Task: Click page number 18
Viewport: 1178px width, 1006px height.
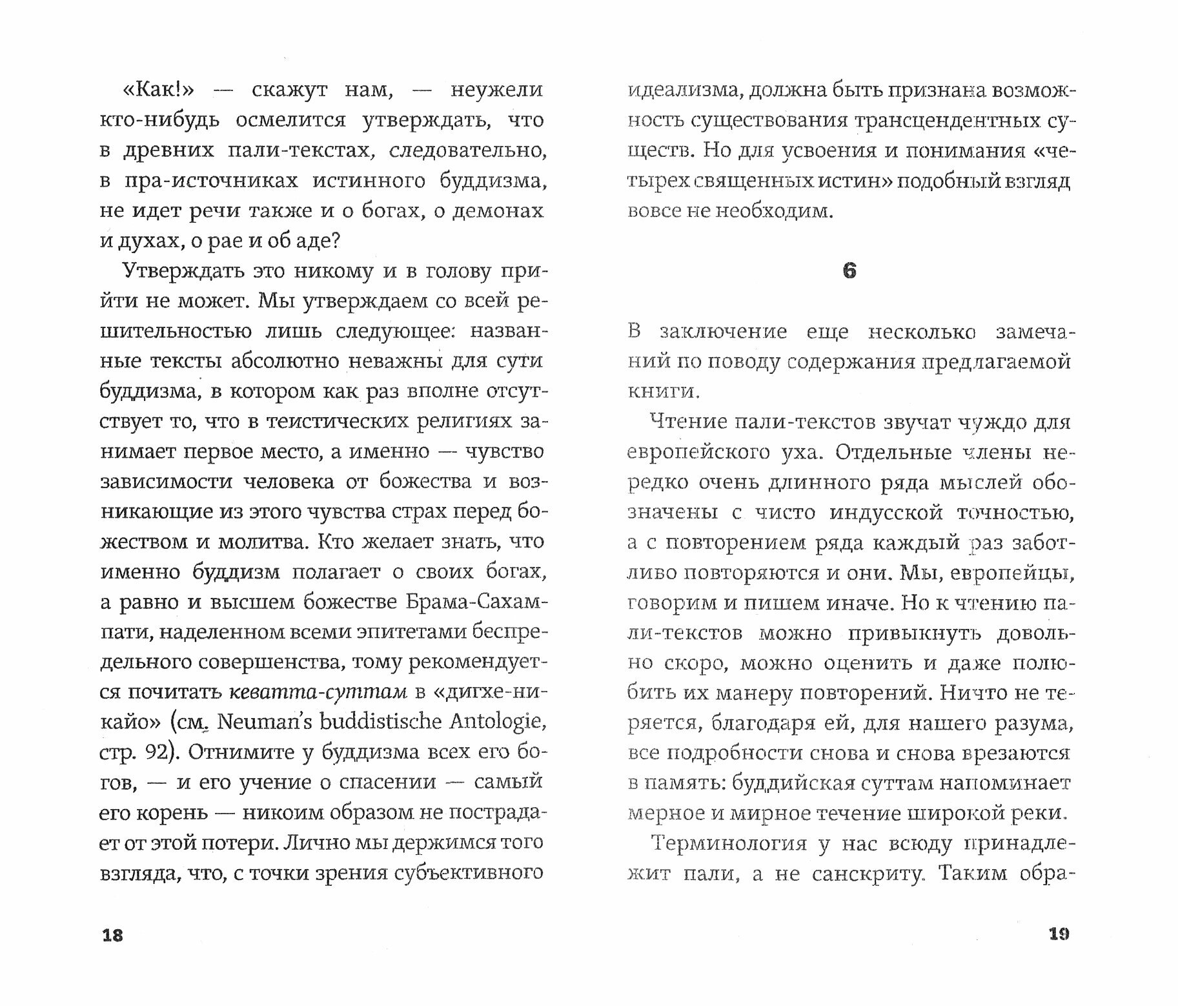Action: click(x=112, y=936)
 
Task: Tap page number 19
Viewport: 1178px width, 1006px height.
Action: click(x=1059, y=934)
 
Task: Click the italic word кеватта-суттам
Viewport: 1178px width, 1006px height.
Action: click(x=318, y=692)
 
